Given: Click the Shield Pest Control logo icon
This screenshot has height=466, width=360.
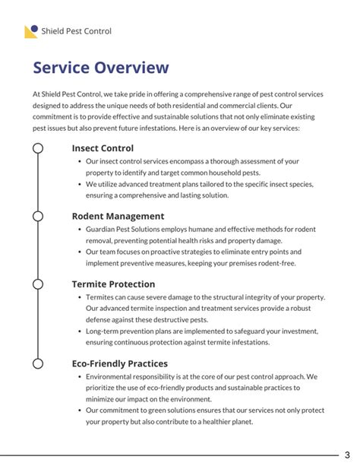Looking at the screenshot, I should click(31, 31).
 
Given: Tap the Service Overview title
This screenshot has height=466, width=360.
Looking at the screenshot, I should click(101, 68).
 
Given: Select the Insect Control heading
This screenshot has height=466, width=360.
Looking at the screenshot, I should click(103, 148).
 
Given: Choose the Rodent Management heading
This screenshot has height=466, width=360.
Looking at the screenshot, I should click(118, 216).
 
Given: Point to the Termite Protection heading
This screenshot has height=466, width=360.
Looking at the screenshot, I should click(114, 284).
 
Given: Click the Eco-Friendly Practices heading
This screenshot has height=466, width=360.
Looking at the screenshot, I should click(121, 363).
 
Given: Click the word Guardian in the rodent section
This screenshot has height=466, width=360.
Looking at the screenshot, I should click(104, 230).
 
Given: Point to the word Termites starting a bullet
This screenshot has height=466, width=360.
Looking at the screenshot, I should click(103, 297).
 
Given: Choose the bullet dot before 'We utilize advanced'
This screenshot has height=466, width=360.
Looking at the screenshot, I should click(80, 184).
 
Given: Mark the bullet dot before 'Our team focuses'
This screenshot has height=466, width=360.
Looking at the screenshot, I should click(80, 252).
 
